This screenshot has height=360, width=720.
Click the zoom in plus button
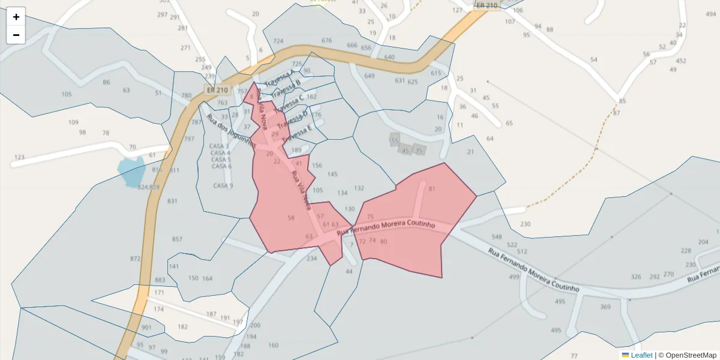[16, 17]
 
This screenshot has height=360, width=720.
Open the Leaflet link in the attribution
[641, 355]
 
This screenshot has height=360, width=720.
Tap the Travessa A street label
[280, 78]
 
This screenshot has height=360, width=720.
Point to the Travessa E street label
[297, 131]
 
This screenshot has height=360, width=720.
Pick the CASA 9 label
[223, 185]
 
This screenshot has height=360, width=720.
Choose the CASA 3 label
[220, 146]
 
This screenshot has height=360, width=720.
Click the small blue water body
[132, 172]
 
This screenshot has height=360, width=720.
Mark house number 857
[177, 239]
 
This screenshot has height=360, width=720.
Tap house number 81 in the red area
[432, 189]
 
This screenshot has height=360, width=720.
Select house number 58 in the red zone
[291, 218]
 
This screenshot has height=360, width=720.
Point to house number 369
[605, 307]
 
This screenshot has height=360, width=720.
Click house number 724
[278, 41]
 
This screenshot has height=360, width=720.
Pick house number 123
[19, 157]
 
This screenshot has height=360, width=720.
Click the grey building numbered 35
[419, 150]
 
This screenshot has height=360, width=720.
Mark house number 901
[146, 328]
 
